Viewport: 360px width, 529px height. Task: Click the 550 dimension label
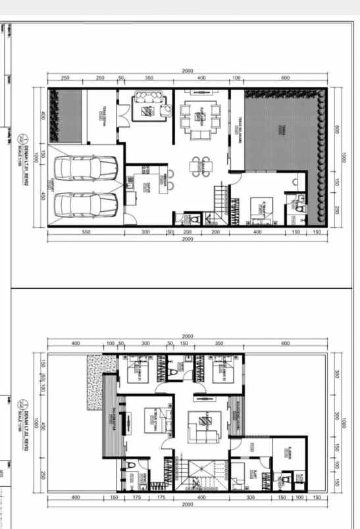click(86, 232)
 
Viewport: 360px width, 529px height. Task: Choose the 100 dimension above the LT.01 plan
click(236, 78)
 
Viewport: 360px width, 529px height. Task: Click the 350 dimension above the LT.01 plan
click(149, 78)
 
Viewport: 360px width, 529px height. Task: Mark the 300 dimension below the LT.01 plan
click(146, 232)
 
